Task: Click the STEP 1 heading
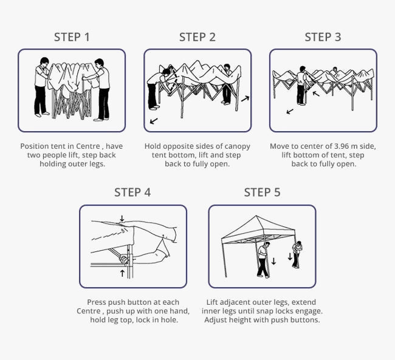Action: [x=72, y=37]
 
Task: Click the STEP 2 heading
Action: [x=197, y=37]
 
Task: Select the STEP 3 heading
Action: [x=323, y=37]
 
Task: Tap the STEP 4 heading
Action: [x=132, y=192]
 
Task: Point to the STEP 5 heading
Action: [x=262, y=192]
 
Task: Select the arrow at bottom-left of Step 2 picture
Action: [x=153, y=121]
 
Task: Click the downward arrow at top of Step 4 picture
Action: [x=122, y=219]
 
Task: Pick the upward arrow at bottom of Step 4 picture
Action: [x=122, y=273]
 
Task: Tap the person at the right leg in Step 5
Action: [x=297, y=254]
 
